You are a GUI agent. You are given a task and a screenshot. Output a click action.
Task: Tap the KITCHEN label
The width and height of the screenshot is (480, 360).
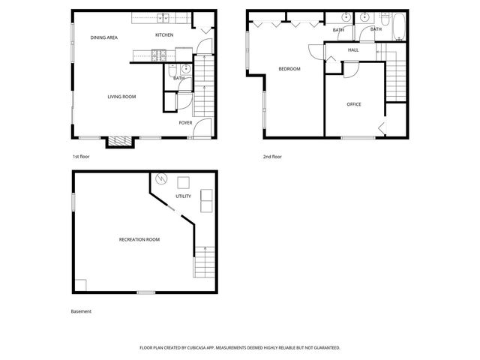pos(164,35)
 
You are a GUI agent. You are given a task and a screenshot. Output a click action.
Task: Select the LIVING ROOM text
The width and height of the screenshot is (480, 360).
pos(121,97)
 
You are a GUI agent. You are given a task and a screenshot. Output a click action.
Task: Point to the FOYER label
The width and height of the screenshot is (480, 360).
pos(185,122)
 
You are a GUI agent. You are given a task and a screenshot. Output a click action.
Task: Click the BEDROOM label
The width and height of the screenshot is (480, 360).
pos(289,69)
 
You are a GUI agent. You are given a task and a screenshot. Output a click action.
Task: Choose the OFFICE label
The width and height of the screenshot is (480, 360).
pos(353,104)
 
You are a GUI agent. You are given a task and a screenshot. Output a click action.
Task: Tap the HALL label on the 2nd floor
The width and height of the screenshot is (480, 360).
pos(352,50)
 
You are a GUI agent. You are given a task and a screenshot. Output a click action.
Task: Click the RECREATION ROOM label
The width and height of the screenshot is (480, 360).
pos(139,239)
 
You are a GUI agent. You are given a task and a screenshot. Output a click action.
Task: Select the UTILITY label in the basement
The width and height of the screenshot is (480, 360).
pos(183,196)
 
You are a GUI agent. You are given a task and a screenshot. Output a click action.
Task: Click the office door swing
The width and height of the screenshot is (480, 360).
pos(349,68)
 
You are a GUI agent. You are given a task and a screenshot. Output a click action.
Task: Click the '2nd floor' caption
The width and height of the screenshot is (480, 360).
pos(272,157)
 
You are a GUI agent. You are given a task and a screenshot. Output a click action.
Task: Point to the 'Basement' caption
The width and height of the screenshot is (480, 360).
pos(81,311)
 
